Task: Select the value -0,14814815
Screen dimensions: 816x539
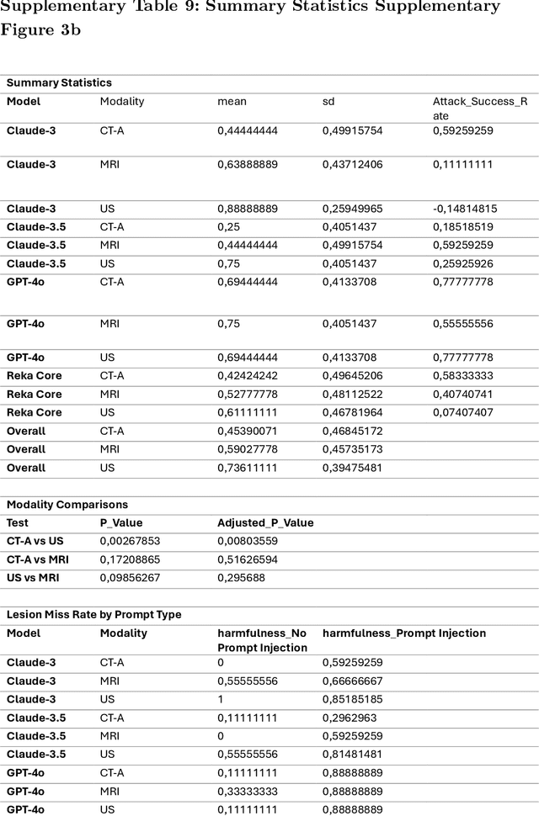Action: pos(465,209)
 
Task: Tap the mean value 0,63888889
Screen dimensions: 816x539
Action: pos(248,164)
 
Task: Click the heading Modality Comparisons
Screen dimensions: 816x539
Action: pos(67,505)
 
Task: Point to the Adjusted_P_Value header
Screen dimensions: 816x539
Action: pos(265,522)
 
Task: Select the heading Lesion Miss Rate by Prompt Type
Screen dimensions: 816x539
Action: pos(93,615)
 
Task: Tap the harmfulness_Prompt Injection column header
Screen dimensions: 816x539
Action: pos(404,633)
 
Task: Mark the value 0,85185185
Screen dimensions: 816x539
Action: pos(353,699)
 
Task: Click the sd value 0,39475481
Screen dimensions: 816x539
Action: pos(352,468)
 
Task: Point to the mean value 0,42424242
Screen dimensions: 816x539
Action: pos(248,375)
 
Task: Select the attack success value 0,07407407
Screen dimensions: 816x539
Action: pos(463,412)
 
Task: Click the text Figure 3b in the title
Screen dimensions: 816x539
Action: pos(40,30)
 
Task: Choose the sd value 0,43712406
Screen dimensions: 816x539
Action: pos(352,164)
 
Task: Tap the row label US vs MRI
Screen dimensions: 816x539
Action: pos(37,578)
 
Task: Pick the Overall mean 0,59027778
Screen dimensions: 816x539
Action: pos(248,449)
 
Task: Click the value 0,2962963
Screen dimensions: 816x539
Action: pos(350,718)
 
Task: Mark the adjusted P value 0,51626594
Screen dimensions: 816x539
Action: pos(248,559)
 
